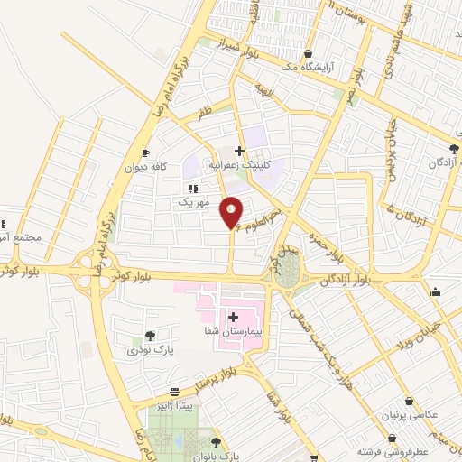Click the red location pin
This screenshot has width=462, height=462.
point(233,211)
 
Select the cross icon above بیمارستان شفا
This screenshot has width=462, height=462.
point(234,317)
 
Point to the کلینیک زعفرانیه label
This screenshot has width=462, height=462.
point(239,166)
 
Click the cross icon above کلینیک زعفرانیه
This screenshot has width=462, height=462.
point(239,151)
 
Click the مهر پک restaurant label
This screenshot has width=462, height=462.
point(192,203)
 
